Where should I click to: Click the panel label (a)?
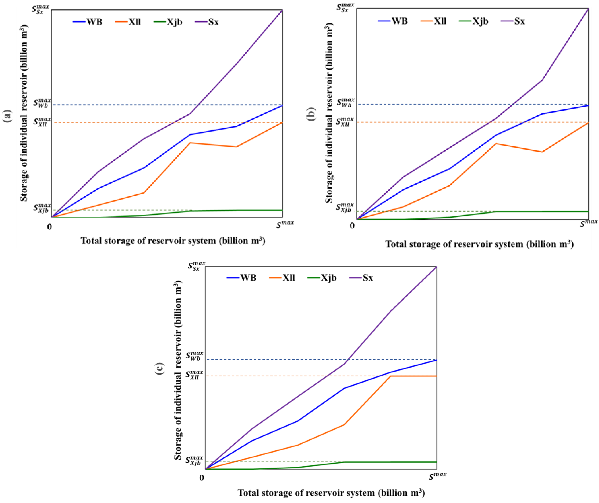(8, 116)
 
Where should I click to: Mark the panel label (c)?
(160, 368)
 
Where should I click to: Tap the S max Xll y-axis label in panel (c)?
(194, 375)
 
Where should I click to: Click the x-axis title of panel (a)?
(173, 241)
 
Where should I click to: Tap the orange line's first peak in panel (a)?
(190, 143)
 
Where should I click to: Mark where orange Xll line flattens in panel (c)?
(390, 376)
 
